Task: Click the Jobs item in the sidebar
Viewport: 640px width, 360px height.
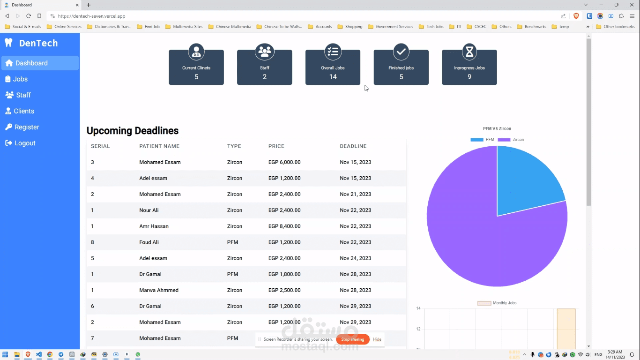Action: (20, 79)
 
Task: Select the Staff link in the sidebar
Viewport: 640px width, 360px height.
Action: (23, 95)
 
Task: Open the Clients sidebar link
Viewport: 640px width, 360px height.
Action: (23, 111)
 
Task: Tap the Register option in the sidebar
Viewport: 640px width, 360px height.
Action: (26, 127)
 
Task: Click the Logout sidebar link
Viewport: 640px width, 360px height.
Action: (24, 143)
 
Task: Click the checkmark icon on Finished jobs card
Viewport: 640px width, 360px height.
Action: (401, 52)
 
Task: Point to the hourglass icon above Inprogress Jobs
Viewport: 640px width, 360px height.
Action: (469, 52)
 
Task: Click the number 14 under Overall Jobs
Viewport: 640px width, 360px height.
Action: (333, 77)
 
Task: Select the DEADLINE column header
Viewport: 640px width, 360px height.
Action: (353, 146)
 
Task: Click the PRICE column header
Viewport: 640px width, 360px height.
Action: (276, 146)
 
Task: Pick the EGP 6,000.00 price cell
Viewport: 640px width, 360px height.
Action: (284, 162)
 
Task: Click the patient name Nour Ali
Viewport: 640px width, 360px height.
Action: (149, 210)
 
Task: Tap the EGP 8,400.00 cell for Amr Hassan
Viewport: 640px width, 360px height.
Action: (284, 226)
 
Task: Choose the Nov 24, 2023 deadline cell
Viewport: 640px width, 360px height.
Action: (355, 258)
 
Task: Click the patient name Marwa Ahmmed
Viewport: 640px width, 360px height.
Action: (159, 290)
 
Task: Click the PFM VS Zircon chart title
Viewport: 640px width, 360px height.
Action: (497, 128)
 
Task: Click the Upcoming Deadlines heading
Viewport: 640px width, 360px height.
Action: (133, 131)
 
